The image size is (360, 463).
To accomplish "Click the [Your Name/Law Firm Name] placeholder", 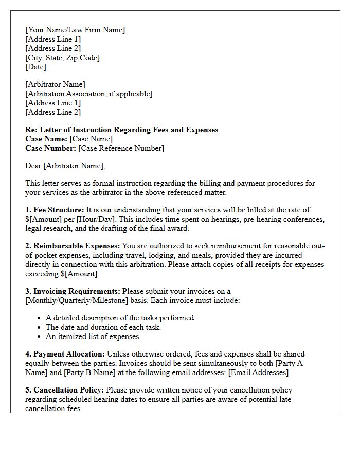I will (x=75, y=30).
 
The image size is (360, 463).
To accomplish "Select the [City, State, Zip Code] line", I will (x=62, y=58).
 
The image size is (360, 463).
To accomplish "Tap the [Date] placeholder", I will (x=35, y=67).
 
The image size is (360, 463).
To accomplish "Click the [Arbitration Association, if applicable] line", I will (x=88, y=94).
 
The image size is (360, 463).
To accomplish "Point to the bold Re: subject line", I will (x=121, y=130).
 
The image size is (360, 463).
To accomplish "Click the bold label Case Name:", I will (x=46, y=139).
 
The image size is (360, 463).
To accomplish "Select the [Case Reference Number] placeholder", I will (x=121, y=148).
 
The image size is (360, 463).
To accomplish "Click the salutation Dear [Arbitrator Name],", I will (x=65, y=166).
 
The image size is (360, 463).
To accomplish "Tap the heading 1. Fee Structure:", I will (x=55, y=210).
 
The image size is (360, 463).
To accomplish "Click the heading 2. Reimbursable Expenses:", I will (x=73, y=246).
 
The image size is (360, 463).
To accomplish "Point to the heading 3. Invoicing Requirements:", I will (x=73, y=291).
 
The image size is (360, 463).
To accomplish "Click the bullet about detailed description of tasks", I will (x=120, y=318).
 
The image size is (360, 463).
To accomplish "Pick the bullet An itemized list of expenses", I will (x=93, y=336).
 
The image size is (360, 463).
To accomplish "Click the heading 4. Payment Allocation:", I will (x=65, y=354).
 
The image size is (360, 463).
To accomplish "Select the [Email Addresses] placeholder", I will (x=259, y=372).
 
